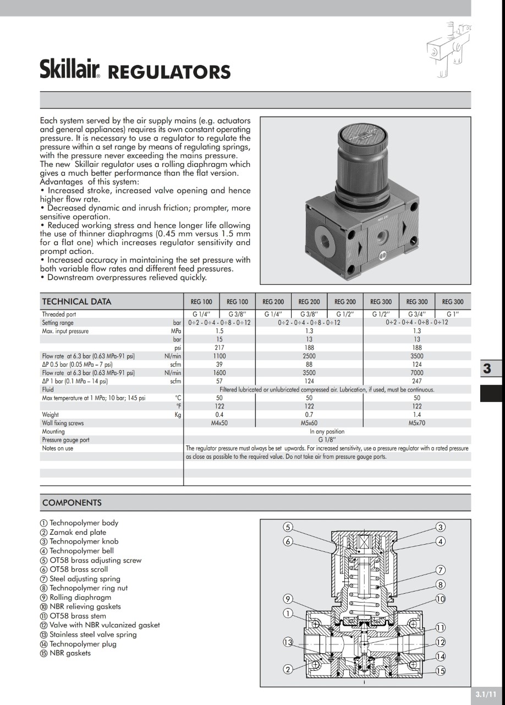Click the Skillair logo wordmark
pos(70,69)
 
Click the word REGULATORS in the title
pos(168,73)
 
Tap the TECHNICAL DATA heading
pos(76,301)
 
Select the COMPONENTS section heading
pos(72,503)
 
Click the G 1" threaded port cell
pos(452,314)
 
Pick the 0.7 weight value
pos(309,415)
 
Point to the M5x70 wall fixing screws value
pos(417,424)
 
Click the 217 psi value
pos(219,348)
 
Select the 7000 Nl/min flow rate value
pos(417,373)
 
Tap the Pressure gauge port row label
pos(65,440)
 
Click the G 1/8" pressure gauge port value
pos(327,440)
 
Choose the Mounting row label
pos(53,432)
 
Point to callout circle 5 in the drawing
pos(288,527)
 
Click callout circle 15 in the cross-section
pos(441,671)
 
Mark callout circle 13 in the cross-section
pos(288,642)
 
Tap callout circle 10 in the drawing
pos(441,599)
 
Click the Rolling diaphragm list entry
pos(80,598)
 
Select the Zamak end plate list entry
pos(78,533)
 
